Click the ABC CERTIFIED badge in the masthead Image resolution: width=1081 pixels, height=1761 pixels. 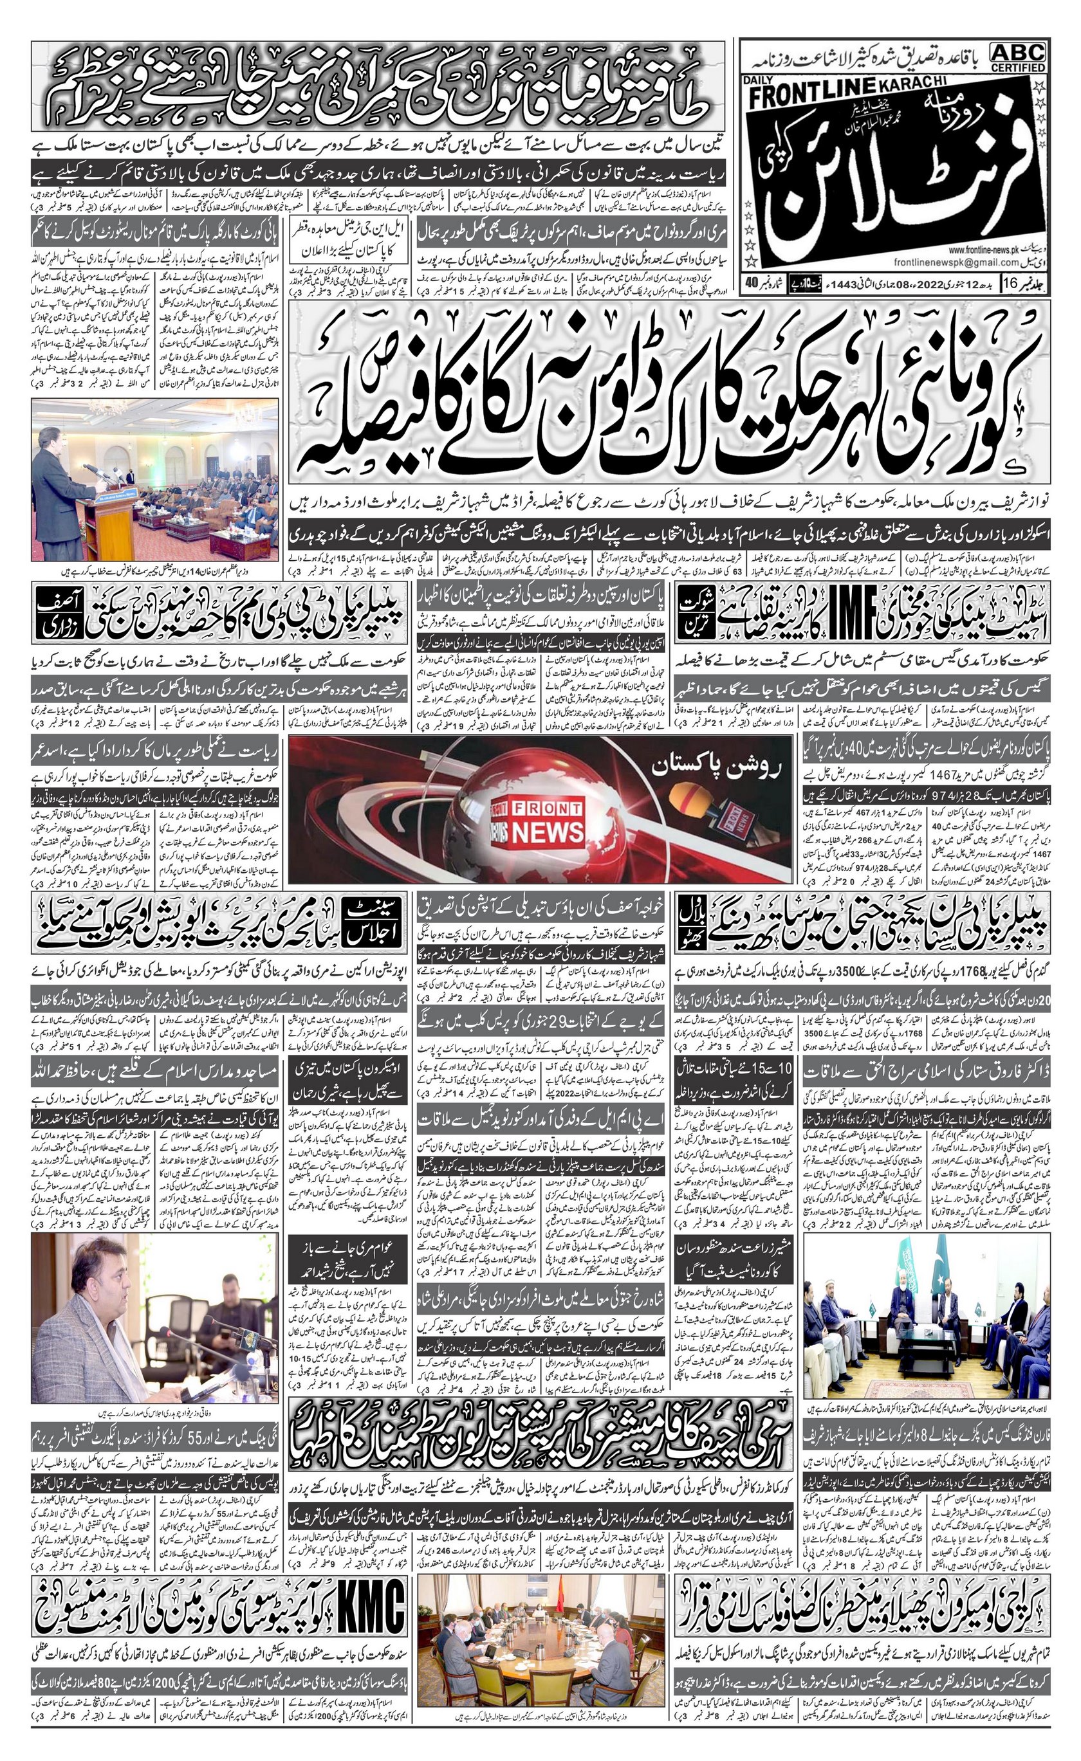(1018, 57)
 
